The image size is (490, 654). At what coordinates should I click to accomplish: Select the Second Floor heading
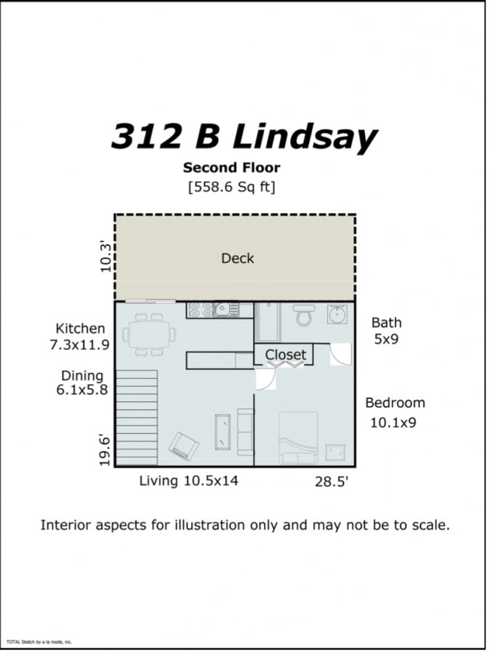click(232, 168)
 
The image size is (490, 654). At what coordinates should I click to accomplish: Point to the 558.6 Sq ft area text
click(232, 187)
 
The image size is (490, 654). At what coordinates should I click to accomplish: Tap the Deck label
click(238, 258)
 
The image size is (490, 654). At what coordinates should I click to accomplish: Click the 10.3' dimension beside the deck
click(106, 257)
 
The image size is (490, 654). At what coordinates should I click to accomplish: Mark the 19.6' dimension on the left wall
click(105, 451)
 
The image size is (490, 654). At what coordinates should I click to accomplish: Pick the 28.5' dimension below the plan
click(332, 482)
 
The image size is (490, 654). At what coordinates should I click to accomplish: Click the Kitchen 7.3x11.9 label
click(80, 336)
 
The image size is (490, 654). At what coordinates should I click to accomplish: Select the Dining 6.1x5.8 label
click(82, 382)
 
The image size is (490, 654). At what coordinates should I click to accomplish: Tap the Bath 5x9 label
click(387, 331)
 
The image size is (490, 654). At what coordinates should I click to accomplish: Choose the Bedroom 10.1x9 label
click(395, 413)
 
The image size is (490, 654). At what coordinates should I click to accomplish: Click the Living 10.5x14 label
click(188, 480)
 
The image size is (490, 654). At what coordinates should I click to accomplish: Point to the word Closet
click(286, 355)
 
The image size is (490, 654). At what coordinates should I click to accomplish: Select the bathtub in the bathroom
click(268, 322)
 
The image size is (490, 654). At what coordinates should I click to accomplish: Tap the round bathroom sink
click(337, 314)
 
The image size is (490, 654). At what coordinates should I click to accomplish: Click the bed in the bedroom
click(298, 438)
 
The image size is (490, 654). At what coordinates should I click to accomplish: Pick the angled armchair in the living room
click(183, 445)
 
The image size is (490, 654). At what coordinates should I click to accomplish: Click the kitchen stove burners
click(200, 310)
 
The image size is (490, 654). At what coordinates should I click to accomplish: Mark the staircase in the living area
click(137, 418)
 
